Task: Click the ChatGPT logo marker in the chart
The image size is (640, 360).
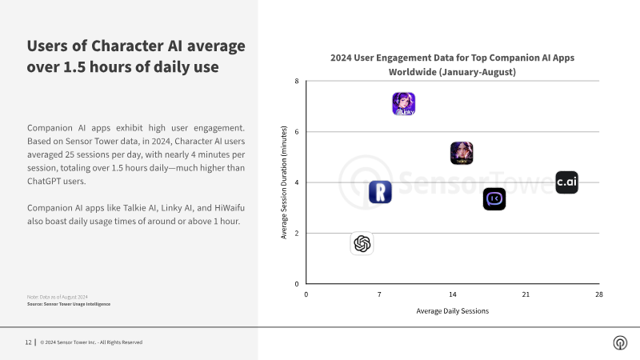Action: coord(362,244)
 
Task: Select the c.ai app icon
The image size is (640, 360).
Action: coord(567,182)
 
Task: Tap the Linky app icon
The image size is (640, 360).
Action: coord(404,104)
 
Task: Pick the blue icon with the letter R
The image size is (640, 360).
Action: coord(380,192)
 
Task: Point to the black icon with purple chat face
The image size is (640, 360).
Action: coord(494,198)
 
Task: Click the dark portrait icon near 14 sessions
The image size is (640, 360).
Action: coord(462,153)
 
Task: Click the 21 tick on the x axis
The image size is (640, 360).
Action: coord(526,294)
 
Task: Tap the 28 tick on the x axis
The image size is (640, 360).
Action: coord(598,294)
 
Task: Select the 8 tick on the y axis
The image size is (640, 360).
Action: coord(297,82)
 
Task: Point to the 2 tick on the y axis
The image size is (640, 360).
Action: coord(297,233)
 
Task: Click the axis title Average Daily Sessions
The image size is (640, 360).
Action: coord(452,311)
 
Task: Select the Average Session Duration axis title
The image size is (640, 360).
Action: coord(284,182)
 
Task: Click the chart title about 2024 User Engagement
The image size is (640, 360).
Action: coord(452,65)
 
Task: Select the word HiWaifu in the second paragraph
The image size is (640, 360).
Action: coord(230,208)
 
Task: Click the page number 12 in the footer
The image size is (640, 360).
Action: coord(28,342)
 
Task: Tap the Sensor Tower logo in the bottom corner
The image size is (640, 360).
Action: coord(620,342)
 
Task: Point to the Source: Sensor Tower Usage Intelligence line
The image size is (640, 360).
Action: coord(69,304)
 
